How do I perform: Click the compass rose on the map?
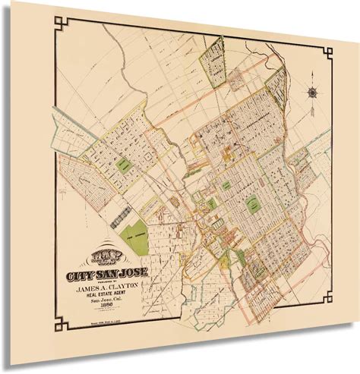pyautogui.click(x=314, y=93)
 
